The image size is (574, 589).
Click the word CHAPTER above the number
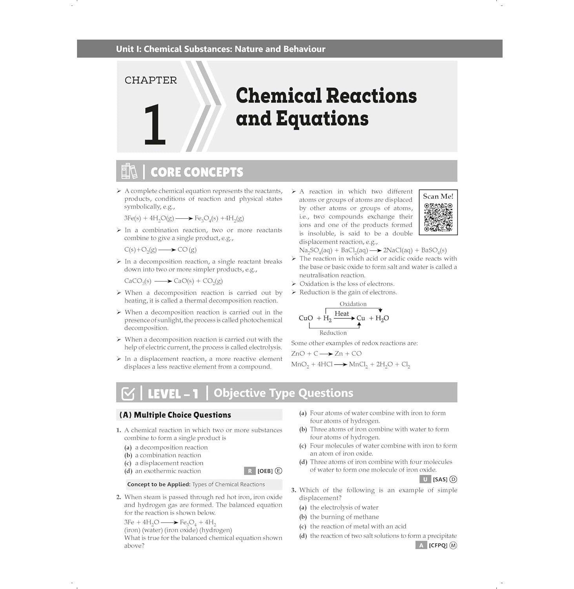coord(151,80)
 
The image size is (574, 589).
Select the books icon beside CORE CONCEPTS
coord(129,171)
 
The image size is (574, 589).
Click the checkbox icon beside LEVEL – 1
coord(128,393)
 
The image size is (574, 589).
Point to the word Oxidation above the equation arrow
coord(353,304)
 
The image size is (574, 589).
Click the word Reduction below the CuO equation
coord(333,333)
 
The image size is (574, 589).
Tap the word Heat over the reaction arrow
coord(341,313)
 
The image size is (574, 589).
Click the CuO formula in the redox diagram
coord(306,318)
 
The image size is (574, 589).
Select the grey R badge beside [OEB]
coord(250,471)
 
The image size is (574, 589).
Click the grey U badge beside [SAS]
coord(425,479)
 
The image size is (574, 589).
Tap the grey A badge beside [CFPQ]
coord(421,545)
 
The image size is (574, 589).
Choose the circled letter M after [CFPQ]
coord(453,545)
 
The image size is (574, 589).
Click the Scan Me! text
coord(438,196)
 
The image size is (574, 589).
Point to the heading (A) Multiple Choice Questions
coord(175,415)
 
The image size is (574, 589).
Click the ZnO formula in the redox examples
coord(298,353)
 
